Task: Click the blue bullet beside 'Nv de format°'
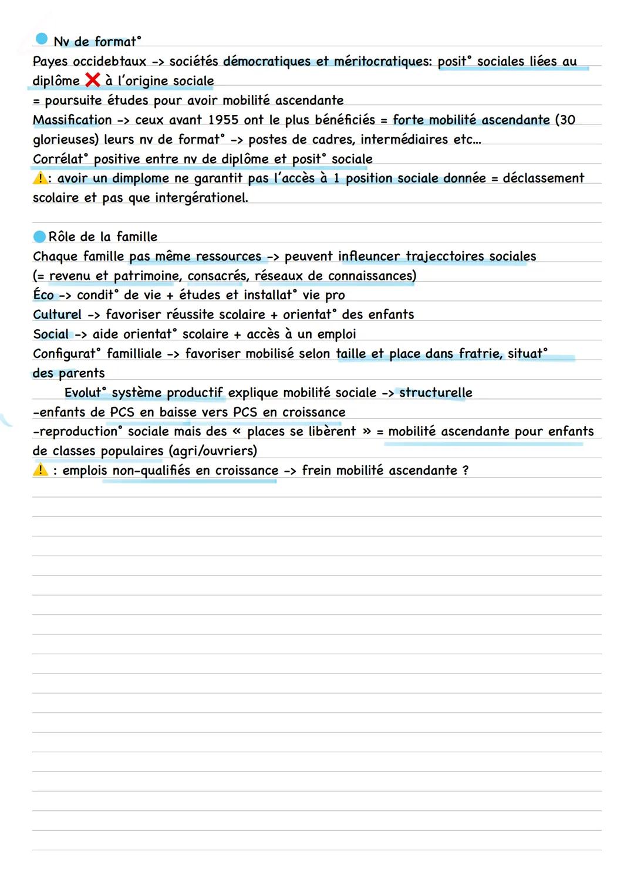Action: (41, 39)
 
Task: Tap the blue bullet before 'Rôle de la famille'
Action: (39, 236)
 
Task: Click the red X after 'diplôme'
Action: (92, 80)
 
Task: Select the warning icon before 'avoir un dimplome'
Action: (39, 178)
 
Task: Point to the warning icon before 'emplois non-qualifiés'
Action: (40, 469)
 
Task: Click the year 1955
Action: (223, 120)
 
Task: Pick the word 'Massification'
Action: (72, 120)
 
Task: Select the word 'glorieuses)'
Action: (65, 140)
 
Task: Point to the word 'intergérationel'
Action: (201, 198)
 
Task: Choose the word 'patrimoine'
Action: (146, 276)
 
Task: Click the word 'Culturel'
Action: (57, 315)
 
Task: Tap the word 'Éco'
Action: (43, 295)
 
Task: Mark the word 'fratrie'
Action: (480, 353)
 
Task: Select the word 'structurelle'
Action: (436, 393)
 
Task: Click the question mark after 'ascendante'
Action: (466, 471)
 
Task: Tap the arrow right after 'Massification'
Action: (123, 120)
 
